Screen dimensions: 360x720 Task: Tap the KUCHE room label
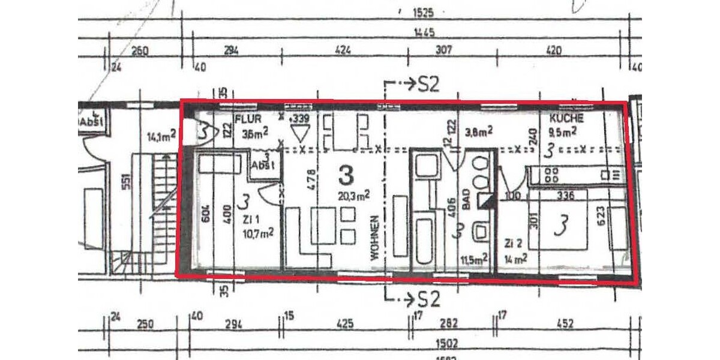(x=566, y=119)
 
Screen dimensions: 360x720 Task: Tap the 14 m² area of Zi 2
(x=516, y=259)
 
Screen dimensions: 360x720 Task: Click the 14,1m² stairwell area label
(x=161, y=136)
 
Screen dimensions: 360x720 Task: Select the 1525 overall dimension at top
(x=424, y=11)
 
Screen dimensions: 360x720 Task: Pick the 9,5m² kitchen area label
(x=563, y=133)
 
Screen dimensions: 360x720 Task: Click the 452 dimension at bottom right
(x=565, y=324)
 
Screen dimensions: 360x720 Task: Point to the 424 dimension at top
(x=342, y=50)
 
